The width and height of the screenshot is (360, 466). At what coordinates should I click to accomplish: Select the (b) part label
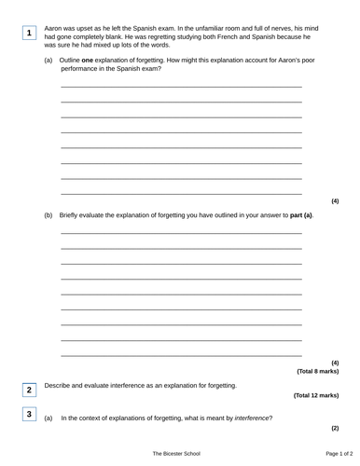pyautogui.click(x=48, y=215)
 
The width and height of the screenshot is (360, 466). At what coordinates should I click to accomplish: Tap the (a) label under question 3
pyautogui.click(x=48, y=418)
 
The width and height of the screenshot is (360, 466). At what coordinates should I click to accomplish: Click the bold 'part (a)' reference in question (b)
pyautogui.click(x=302, y=215)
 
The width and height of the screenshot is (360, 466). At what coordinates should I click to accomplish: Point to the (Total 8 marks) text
pyautogui.click(x=317, y=371)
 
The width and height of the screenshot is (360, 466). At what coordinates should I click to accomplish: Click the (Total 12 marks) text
pyautogui.click(x=316, y=395)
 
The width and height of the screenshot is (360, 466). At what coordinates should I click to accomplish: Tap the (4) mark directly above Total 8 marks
pyautogui.click(x=335, y=362)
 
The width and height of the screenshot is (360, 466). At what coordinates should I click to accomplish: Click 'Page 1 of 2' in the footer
pyautogui.click(x=320, y=453)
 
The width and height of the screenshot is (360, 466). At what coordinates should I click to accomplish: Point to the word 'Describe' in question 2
pyautogui.click(x=60, y=385)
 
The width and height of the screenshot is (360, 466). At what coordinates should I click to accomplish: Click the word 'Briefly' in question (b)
pyautogui.click(x=70, y=215)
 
